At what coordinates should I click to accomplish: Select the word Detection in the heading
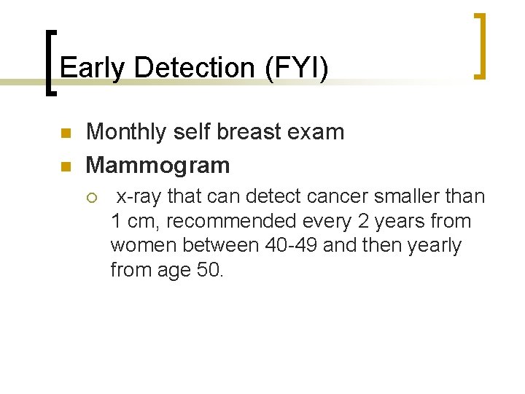click(192, 68)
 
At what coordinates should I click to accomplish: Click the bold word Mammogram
click(157, 165)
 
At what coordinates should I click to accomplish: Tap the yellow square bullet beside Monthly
click(64, 134)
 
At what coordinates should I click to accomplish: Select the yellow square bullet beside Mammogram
click(64, 166)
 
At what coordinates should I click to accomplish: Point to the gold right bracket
click(480, 45)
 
